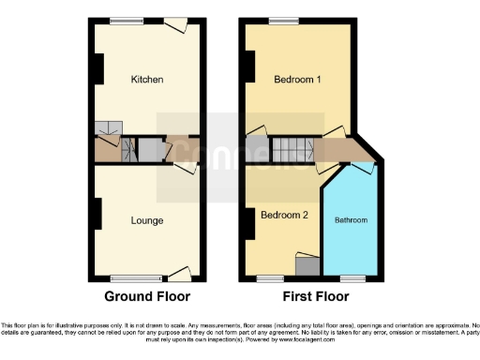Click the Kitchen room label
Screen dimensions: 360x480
pos(147,80)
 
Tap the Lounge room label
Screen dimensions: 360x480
pos(147,220)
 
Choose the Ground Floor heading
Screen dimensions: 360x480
pos(147,296)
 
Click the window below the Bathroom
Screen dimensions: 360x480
pos(352,278)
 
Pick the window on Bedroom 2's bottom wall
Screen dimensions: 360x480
pos(272,278)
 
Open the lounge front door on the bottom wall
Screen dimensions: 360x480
pos(179,274)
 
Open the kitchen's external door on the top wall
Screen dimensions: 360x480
pos(174,25)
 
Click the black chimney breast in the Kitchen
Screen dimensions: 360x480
pos(97,67)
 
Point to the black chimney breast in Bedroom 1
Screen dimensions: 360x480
pos(248,64)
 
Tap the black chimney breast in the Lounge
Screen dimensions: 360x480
pos(97,214)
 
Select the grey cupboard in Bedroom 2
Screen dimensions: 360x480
pos(306,265)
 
